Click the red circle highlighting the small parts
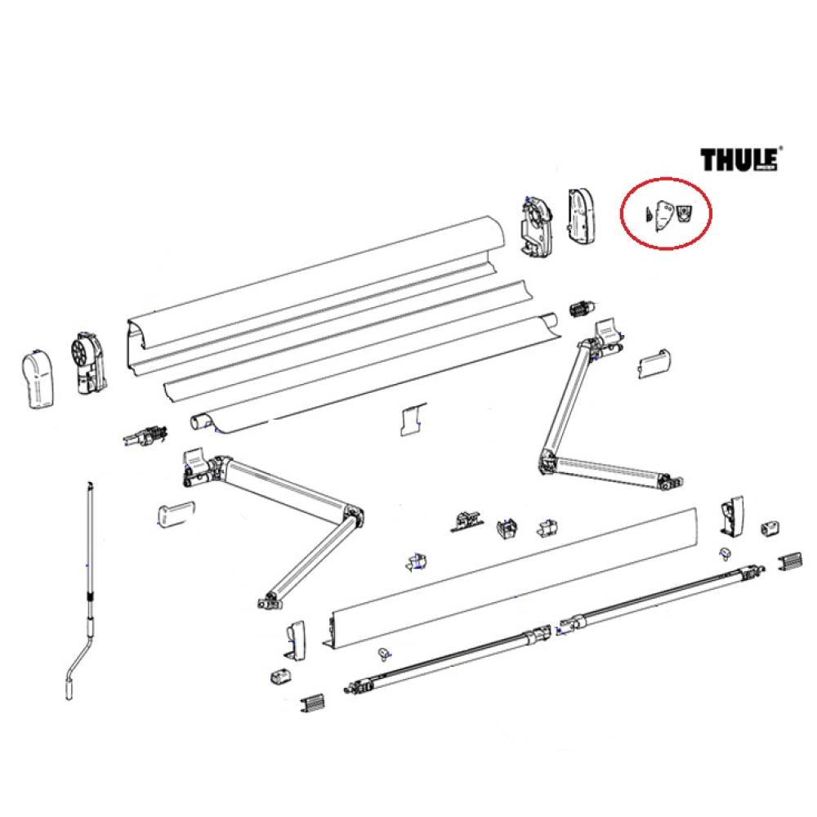[667, 212]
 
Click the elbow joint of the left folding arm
[354, 520]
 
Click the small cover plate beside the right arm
[654, 361]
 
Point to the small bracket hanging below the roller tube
[410, 418]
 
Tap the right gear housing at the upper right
[536, 222]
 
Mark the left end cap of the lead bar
[297, 641]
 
